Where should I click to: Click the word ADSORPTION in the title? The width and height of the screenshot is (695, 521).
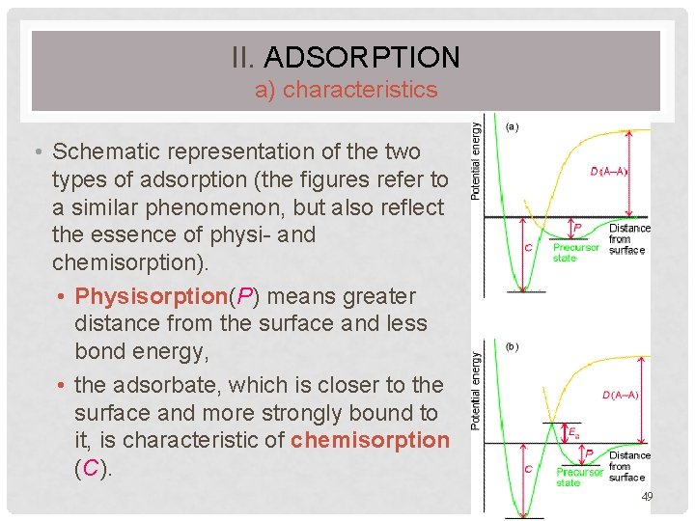361,57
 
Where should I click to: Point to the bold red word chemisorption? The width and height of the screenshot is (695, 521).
370,441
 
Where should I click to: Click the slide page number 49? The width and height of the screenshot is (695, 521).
648,496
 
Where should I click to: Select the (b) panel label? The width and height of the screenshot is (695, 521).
513,346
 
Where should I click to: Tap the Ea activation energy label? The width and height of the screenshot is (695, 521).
573,432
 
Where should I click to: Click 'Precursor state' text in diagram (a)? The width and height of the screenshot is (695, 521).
575,253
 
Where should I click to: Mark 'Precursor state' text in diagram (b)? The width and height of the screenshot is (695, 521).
579,477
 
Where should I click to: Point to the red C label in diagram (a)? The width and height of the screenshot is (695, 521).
528,247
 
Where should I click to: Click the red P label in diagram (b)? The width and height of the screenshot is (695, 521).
589,452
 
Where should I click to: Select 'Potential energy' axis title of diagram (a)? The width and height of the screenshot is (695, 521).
475,159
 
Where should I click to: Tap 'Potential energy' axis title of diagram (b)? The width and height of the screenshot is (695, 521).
475,391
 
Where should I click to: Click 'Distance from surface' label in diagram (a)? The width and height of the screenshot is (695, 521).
628,239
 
